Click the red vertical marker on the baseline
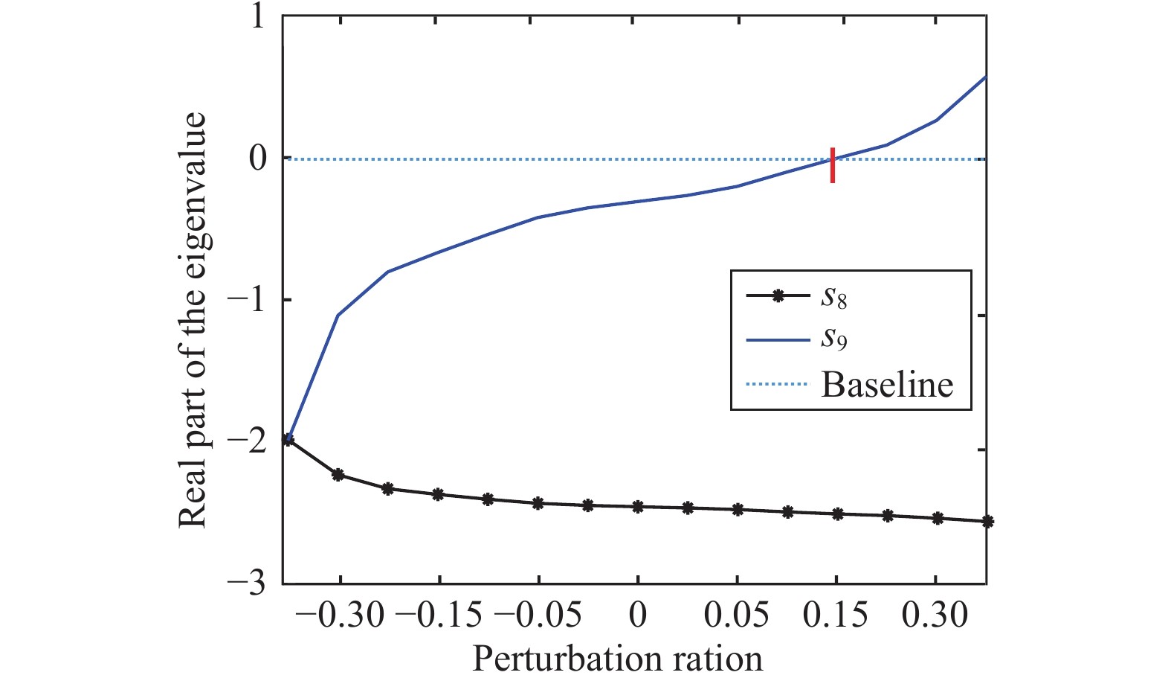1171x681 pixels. click(x=833, y=165)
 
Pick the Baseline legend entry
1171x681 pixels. click(x=886, y=384)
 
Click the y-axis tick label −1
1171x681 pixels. click(x=247, y=299)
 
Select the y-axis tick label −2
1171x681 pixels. click(x=247, y=441)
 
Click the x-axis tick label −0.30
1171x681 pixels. click(x=339, y=616)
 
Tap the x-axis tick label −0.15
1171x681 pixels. click(x=439, y=616)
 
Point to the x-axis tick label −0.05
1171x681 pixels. click(x=538, y=616)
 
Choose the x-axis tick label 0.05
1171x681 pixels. click(x=737, y=616)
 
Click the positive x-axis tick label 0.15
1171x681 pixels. click(x=836, y=616)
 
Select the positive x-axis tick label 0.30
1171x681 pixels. click(x=935, y=616)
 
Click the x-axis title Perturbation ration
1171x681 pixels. click(x=617, y=659)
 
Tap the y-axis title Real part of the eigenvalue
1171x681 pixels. click(x=193, y=320)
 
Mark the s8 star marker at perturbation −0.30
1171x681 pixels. click(x=338, y=475)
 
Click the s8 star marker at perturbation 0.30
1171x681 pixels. click(x=937, y=518)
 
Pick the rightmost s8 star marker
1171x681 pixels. click(x=987, y=522)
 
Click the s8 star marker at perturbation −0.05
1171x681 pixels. click(x=538, y=503)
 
